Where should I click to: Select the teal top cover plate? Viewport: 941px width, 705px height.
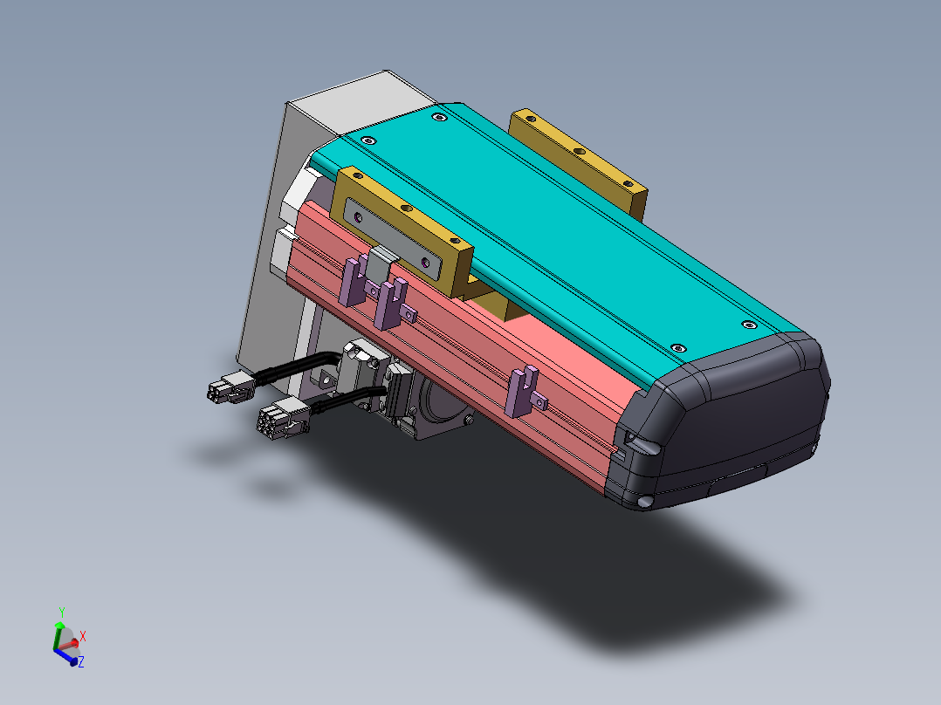(559, 227)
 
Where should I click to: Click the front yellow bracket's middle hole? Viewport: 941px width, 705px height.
(404, 209)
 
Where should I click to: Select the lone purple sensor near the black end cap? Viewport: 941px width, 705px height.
(525, 389)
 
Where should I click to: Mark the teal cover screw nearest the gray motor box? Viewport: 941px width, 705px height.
(369, 140)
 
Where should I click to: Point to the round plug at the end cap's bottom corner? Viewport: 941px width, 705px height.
(645, 502)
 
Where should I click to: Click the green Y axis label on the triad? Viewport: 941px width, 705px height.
(61, 611)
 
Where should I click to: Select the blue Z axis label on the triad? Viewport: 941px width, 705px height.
(80, 663)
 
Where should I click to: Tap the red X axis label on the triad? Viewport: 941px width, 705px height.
(83, 635)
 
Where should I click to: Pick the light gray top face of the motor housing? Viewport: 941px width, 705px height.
(358, 100)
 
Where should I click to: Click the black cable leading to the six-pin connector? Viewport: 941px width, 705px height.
(349, 400)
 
